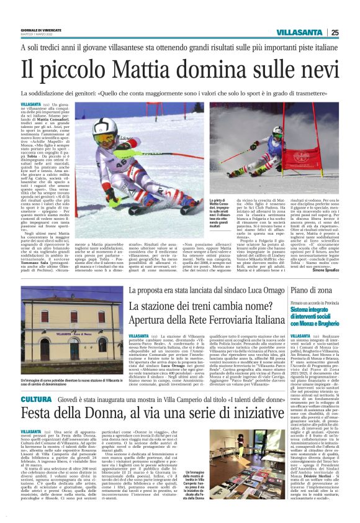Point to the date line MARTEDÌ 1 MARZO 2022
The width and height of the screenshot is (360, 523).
click(x=37, y=35)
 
